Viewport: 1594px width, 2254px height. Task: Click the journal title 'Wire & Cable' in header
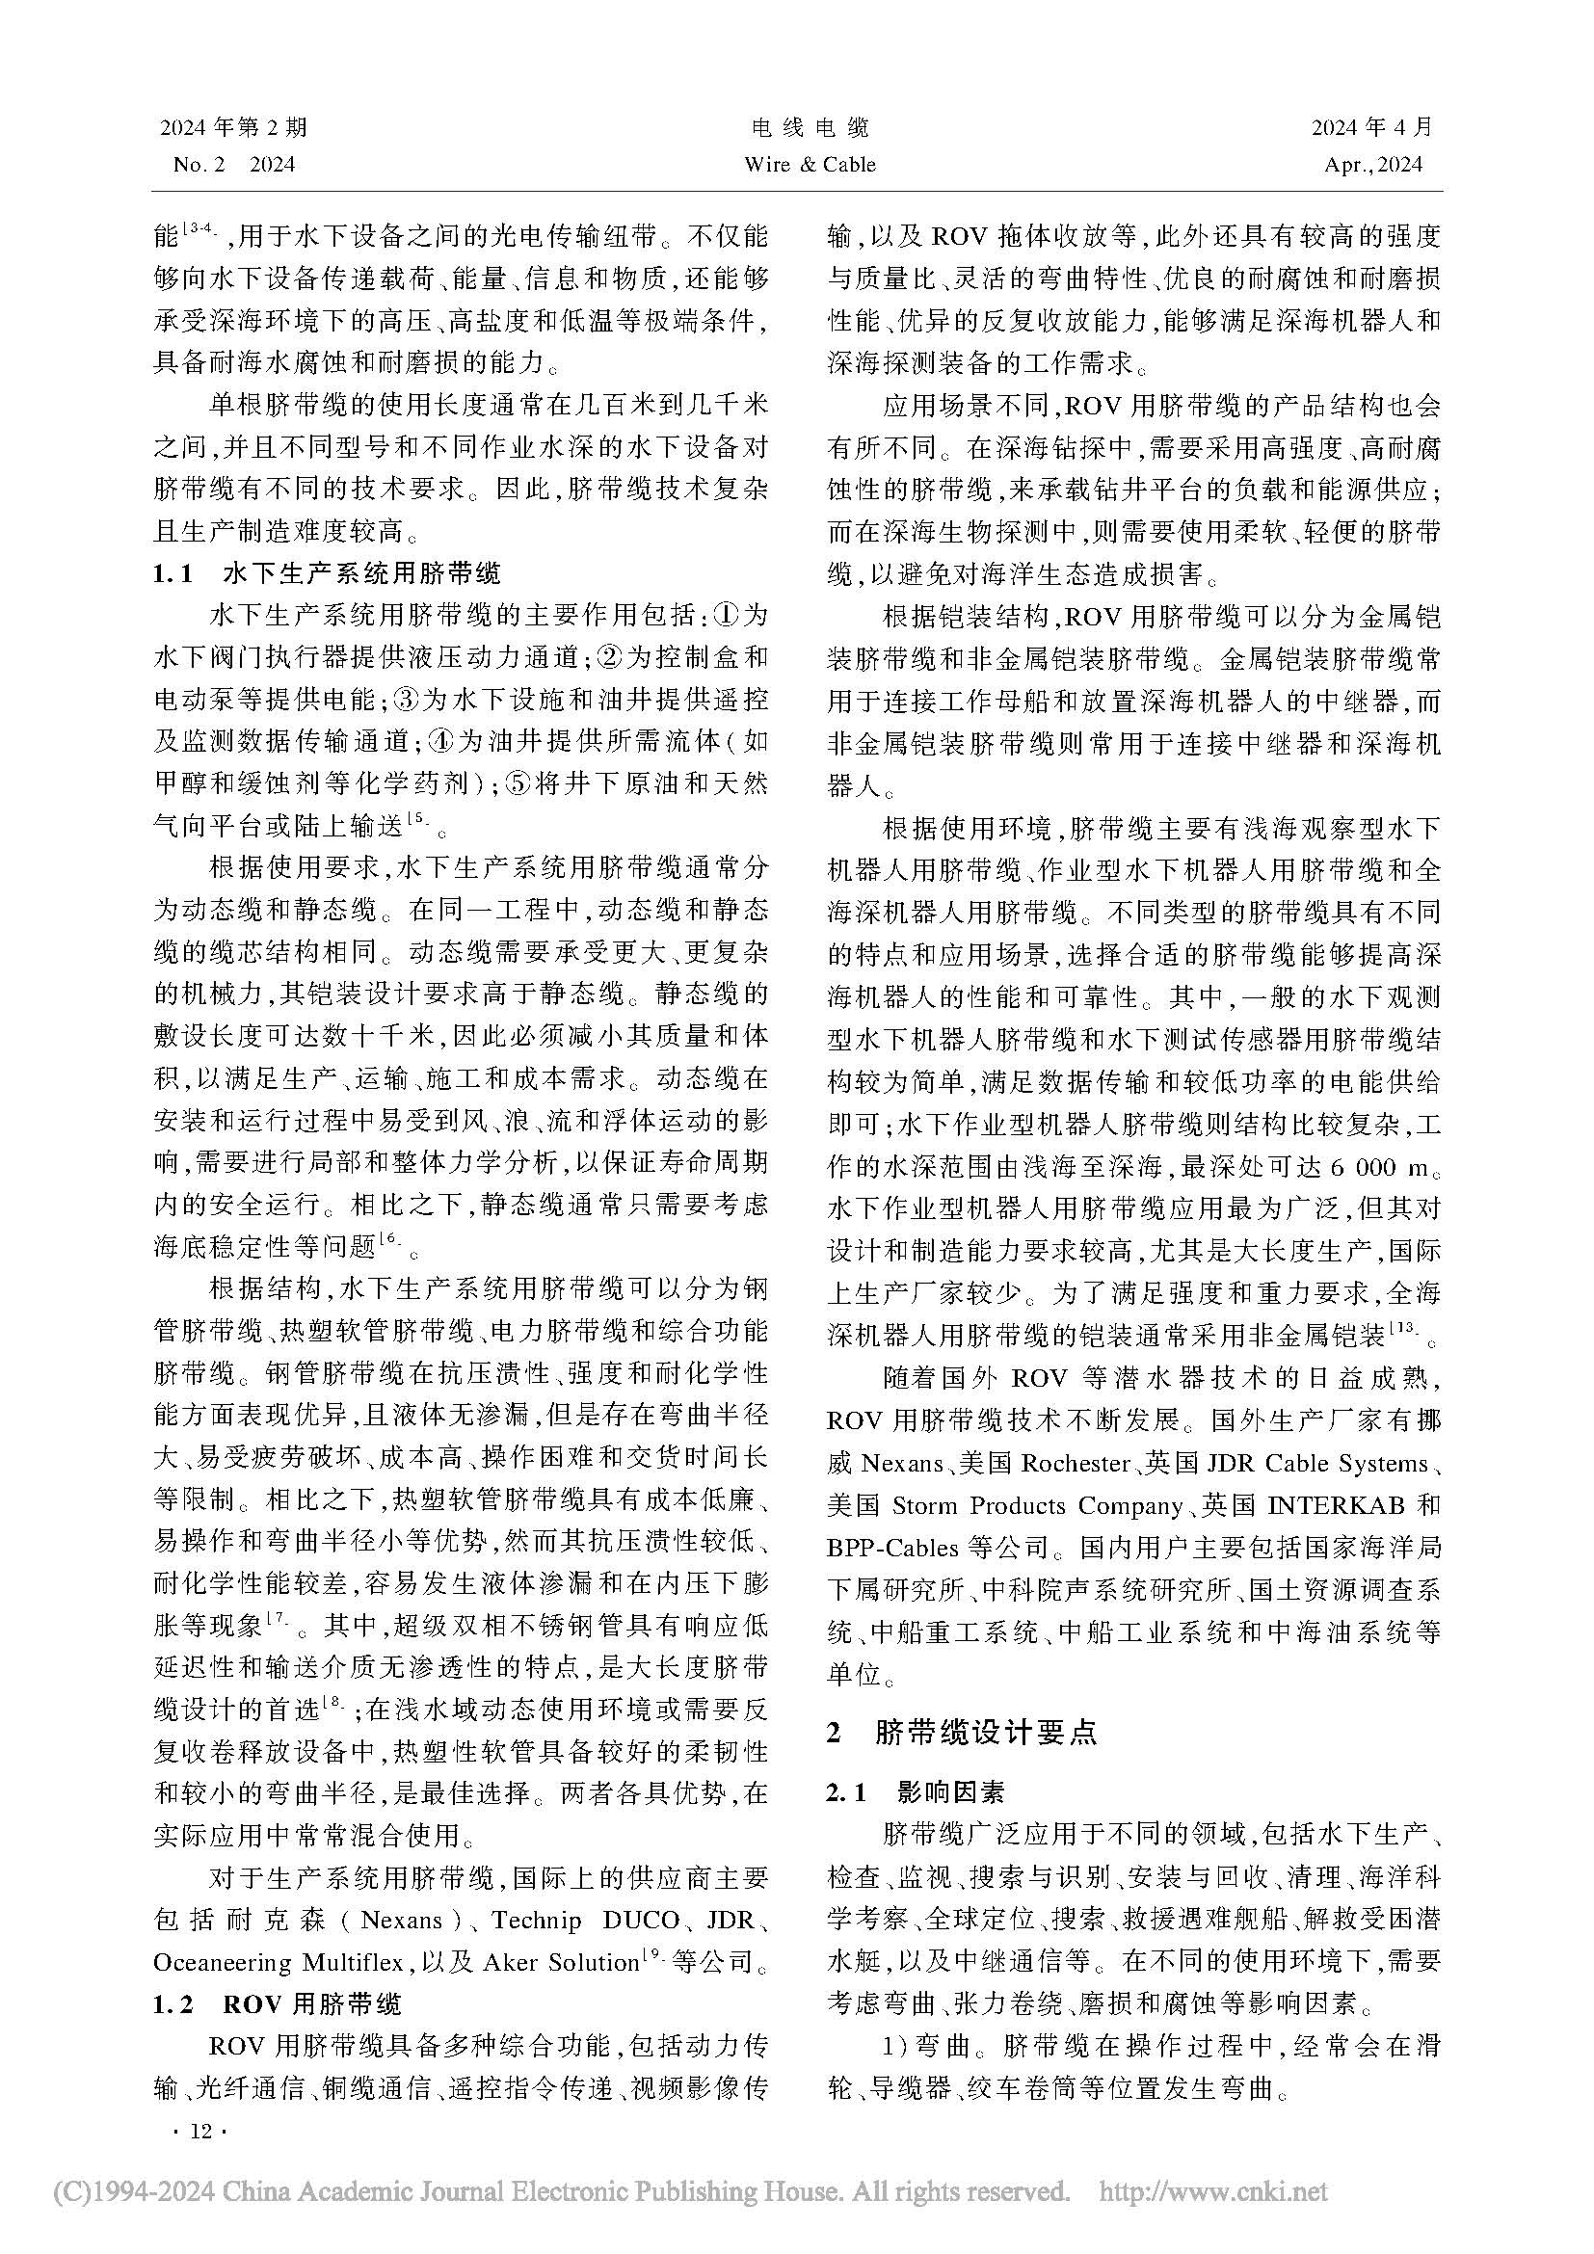coord(810,165)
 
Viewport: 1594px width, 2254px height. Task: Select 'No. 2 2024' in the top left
coord(233,165)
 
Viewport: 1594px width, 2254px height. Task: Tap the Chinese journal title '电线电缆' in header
coord(810,127)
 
